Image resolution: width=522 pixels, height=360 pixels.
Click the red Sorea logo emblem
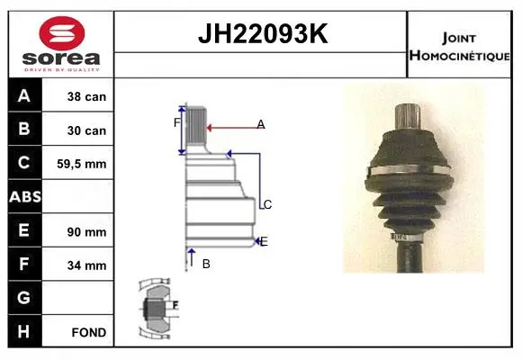tap(62, 33)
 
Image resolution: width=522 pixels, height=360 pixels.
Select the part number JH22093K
tap(263, 33)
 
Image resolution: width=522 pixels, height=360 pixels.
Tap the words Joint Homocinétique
tap(459, 47)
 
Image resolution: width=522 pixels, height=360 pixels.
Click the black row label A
tap(24, 96)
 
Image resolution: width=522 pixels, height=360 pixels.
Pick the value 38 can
tap(86, 96)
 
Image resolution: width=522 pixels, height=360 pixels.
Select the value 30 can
tap(86, 130)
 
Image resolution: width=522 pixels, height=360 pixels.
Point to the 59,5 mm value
tap(82, 164)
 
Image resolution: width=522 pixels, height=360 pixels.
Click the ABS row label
tap(25, 196)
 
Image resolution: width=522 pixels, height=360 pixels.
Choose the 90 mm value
tap(86, 232)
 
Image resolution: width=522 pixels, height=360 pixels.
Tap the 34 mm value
tap(86, 265)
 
